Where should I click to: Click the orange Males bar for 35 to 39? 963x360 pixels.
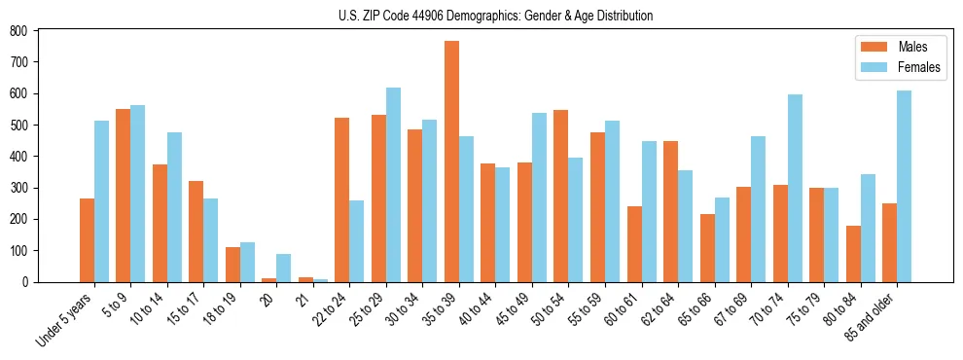click(x=451, y=162)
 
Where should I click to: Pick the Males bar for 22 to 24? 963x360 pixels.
click(x=342, y=199)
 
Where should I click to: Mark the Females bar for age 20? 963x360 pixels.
click(x=284, y=268)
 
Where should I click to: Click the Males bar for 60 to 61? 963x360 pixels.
click(x=634, y=243)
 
